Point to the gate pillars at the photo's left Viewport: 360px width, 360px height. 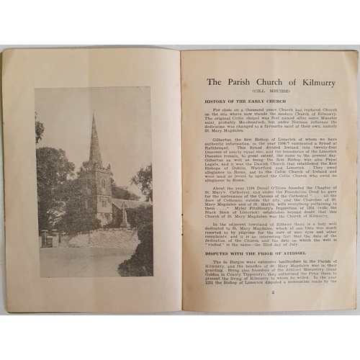pyautogui.click(x=45, y=238)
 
